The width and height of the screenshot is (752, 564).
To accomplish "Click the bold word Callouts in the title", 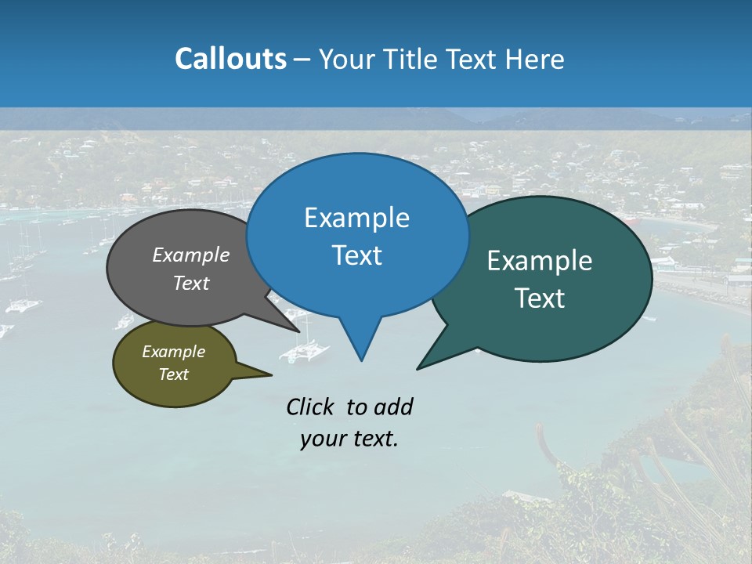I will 230,59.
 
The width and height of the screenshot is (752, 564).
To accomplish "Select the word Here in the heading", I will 537,59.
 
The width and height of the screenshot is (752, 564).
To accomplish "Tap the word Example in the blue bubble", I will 356,218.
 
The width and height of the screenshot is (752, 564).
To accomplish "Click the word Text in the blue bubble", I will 356,255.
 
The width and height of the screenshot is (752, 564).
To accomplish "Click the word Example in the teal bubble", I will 540,261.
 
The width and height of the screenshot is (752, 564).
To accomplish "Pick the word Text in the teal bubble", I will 540,298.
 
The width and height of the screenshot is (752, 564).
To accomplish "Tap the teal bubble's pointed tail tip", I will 418,368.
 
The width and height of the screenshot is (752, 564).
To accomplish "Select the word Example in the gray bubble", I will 191,255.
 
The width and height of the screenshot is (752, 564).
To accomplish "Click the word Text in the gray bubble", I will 191,284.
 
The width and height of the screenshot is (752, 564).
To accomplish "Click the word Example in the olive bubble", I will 173,352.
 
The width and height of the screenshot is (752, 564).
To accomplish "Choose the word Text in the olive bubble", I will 173,374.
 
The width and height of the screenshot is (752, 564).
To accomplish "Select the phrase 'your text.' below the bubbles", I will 349,439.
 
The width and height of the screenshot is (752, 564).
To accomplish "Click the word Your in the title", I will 345,59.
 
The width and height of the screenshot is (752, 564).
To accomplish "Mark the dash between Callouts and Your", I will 302,60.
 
